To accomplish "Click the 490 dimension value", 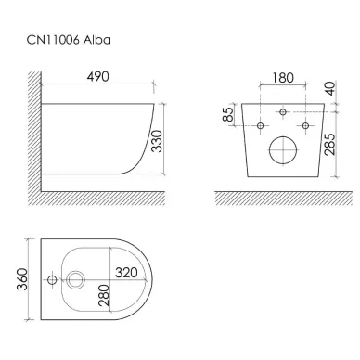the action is [x=97, y=76].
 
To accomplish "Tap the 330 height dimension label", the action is [x=158, y=141].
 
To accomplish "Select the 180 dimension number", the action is [x=283, y=78].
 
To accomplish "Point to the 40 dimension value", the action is [x=330, y=88].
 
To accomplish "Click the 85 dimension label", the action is [x=228, y=114].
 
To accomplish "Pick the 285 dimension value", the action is [x=330, y=144].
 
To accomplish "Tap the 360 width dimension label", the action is [x=22, y=279].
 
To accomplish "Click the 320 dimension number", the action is [x=126, y=273].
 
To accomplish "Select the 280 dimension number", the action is [x=104, y=295].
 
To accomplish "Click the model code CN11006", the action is [x=53, y=40].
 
